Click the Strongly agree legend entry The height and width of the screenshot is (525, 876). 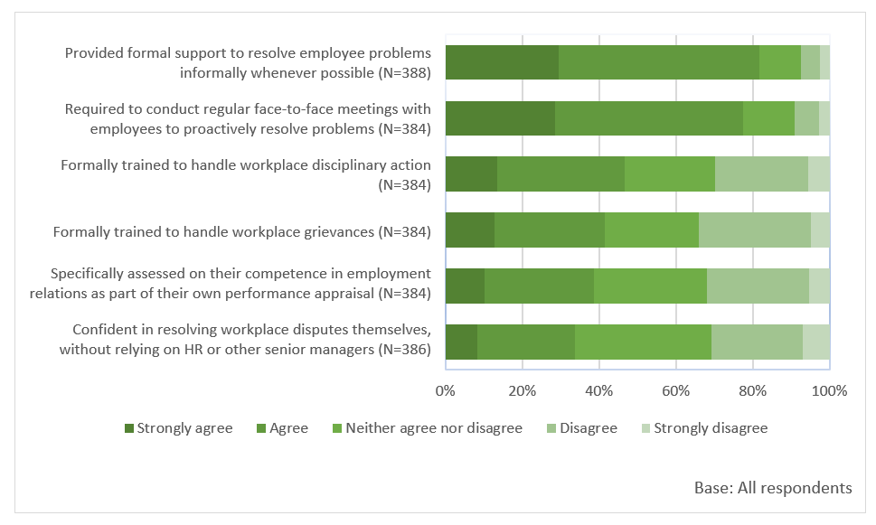pyautogui.click(x=178, y=428)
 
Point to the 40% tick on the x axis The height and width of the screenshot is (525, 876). pyautogui.click(x=599, y=391)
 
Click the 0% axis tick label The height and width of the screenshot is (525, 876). pyautogui.click(x=445, y=391)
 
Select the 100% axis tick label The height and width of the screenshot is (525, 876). pyautogui.click(x=829, y=391)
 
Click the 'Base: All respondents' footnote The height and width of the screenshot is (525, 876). pyautogui.click(x=773, y=488)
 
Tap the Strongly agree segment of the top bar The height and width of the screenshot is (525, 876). pyautogui.click(x=502, y=62)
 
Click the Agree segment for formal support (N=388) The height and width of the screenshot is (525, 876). pyautogui.click(x=658, y=62)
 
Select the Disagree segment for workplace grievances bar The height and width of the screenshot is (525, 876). pyautogui.click(x=754, y=230)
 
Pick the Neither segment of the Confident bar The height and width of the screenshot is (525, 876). pyautogui.click(x=643, y=342)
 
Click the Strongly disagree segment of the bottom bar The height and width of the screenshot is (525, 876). pyautogui.click(x=815, y=342)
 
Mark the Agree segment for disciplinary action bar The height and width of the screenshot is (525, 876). pyautogui.click(x=560, y=174)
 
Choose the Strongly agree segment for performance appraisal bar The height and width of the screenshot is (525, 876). pyautogui.click(x=465, y=286)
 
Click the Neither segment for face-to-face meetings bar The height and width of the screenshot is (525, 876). pyautogui.click(x=768, y=118)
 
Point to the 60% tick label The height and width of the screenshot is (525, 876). pyautogui.click(x=676, y=391)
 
